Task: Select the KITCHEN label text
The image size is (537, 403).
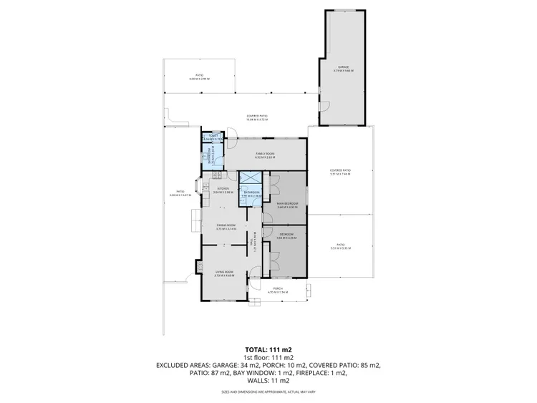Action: tap(223, 188)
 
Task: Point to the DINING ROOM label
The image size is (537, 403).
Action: tap(226, 226)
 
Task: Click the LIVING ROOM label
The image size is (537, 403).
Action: tap(224, 272)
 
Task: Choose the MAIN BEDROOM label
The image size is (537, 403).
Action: tap(287, 204)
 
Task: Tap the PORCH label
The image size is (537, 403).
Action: tap(277, 288)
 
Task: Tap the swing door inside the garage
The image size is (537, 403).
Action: tap(324, 106)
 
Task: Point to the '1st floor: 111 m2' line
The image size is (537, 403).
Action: tap(268, 357)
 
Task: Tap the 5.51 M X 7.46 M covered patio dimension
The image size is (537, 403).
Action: tap(340, 171)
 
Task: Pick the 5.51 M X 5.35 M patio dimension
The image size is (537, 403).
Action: tap(340, 248)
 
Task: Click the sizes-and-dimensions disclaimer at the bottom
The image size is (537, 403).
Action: tap(268, 392)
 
